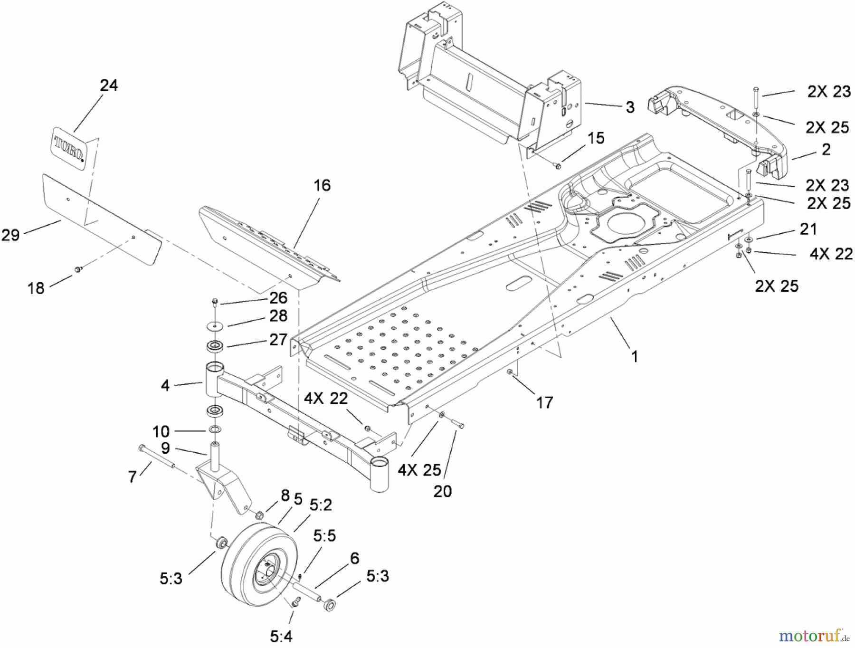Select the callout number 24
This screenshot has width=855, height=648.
coord(109,86)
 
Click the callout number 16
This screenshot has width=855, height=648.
coord(322,185)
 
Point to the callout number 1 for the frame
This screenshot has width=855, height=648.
coord(635,356)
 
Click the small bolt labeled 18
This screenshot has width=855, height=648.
coord(77,270)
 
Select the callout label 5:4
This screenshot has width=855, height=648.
coord(281,636)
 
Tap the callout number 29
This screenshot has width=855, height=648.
coord(10,235)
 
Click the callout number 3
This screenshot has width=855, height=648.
coord(630,107)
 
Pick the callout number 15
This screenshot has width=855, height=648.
coord(596,138)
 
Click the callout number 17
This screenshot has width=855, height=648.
coord(544,402)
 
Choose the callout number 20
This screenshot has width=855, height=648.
coord(442,491)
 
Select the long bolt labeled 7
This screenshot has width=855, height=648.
coord(157,457)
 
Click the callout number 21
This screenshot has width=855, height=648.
coord(808,229)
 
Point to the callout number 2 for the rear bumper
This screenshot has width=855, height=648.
coord(826,149)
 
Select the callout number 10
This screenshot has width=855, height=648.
coord(161,431)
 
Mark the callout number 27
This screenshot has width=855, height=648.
coord(278,339)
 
